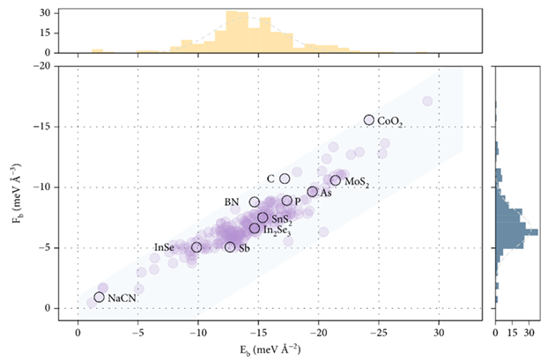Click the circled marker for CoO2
(369, 120)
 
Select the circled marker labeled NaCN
(99, 298)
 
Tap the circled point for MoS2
(336, 180)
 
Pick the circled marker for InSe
(196, 247)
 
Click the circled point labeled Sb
(230, 247)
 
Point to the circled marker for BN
(255, 202)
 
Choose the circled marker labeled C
(285, 179)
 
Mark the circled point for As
(312, 192)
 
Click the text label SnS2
(283, 218)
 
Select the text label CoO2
(389, 121)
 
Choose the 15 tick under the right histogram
(512, 335)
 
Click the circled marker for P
(287, 201)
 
